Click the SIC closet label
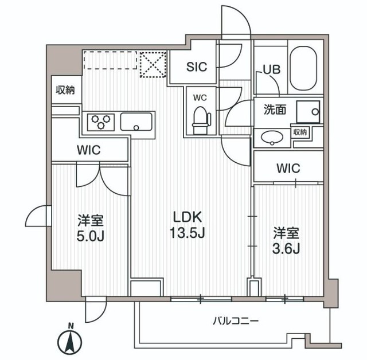(x=197, y=66)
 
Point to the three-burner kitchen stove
(x=101, y=122)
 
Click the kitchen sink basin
(x=136, y=122)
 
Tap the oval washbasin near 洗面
(x=270, y=138)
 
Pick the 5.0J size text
(x=91, y=236)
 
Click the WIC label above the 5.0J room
(x=89, y=150)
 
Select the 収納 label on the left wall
(x=65, y=90)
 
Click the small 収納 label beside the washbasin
(x=300, y=132)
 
